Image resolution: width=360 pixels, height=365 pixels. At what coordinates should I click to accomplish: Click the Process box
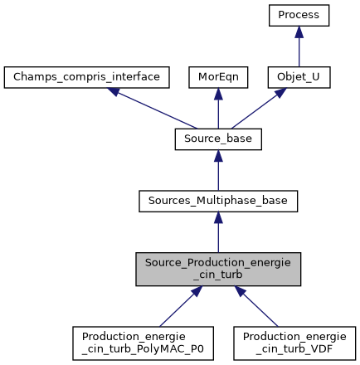299,15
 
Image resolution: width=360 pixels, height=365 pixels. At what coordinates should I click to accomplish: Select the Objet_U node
299,77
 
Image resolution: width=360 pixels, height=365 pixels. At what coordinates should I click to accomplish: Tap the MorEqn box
218,77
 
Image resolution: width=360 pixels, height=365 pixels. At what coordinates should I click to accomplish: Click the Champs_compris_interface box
87,77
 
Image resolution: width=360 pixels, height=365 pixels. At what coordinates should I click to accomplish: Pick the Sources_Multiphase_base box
218,201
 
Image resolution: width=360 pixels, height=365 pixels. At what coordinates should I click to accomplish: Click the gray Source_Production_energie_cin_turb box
218,270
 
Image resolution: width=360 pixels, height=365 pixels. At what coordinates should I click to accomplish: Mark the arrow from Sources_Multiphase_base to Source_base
218,170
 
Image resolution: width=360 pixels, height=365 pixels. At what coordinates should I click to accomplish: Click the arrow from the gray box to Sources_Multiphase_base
218,232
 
